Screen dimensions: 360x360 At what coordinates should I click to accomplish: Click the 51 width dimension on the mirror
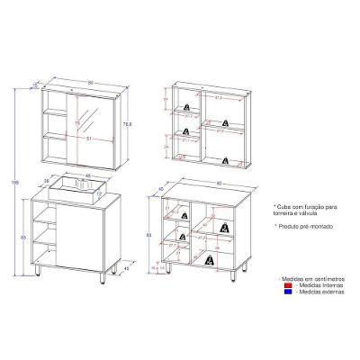pyautogui.click(x=87, y=139)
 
